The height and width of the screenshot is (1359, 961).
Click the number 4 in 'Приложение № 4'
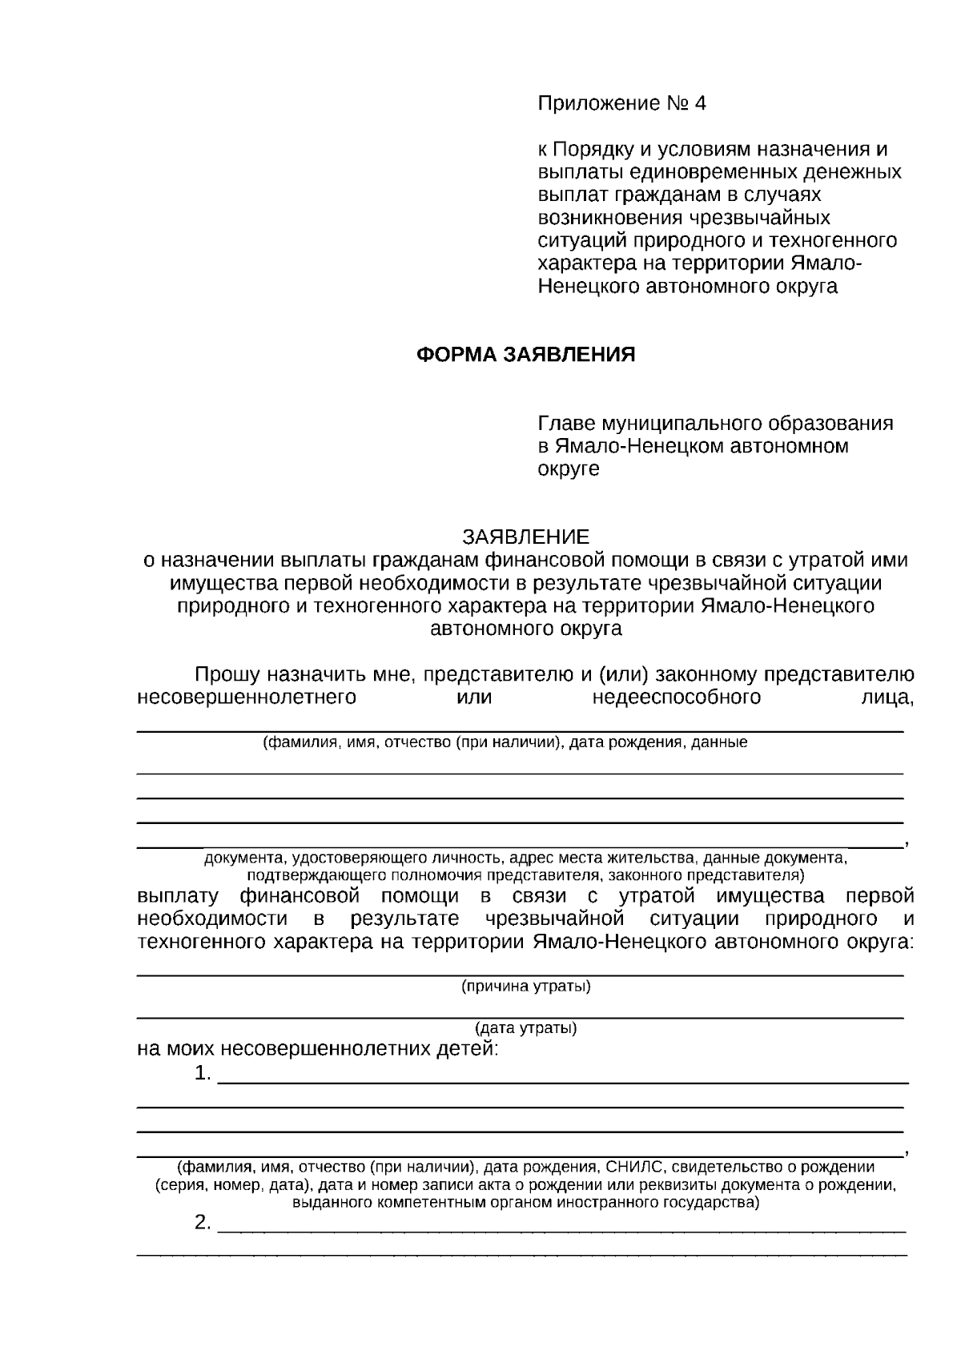(701, 103)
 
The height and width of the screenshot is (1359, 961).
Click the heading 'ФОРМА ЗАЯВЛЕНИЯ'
(525, 355)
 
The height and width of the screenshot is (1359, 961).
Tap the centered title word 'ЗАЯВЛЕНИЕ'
(525, 537)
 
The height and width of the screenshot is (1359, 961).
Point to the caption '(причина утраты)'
(525, 986)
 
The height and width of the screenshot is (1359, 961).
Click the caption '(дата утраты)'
(525, 1027)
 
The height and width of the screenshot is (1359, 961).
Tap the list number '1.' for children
(203, 1073)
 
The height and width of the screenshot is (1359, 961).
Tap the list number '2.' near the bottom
(203, 1223)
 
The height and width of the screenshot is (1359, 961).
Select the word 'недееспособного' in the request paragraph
(677, 697)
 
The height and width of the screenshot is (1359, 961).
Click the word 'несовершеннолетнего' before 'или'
(247, 697)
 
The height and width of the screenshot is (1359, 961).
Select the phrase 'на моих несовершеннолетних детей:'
(318, 1048)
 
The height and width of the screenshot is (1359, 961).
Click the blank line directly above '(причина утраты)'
(521, 975)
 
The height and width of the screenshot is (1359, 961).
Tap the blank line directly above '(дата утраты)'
(521, 1017)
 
